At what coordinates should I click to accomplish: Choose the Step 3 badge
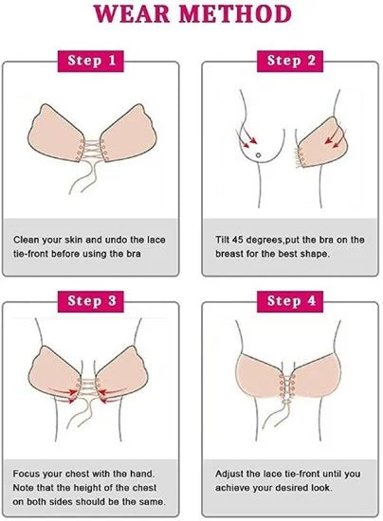91,301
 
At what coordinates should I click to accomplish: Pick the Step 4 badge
291,301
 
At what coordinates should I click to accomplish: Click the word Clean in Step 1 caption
28,241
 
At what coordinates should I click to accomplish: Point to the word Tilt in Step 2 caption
222,241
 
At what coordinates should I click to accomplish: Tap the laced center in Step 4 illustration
291,390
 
